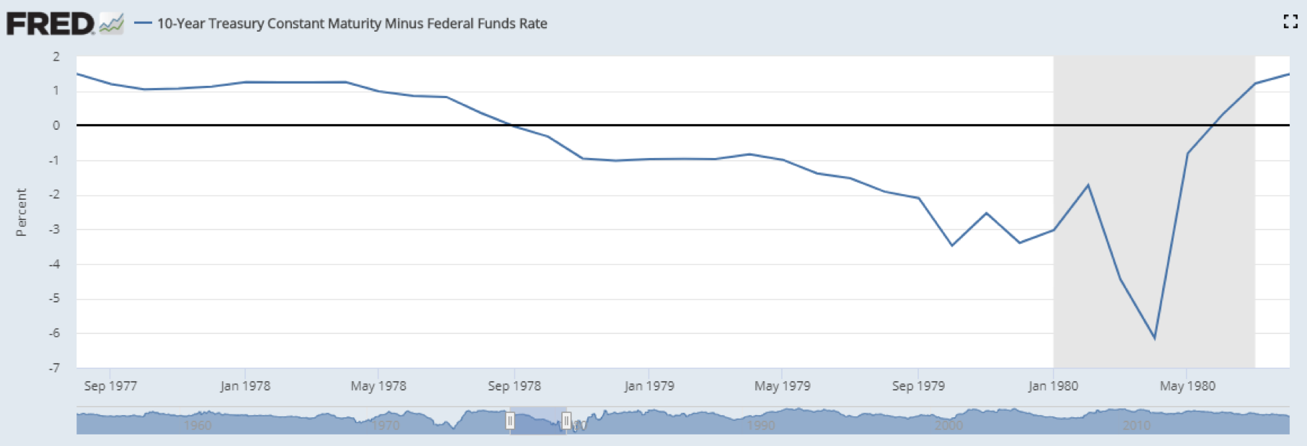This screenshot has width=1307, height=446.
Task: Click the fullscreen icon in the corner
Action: [x=1290, y=22]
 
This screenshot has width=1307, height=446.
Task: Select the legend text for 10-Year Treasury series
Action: [x=352, y=24]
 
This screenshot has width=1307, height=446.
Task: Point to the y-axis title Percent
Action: [x=22, y=212]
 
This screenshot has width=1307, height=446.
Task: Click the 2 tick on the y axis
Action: [x=56, y=57]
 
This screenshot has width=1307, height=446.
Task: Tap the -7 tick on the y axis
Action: [x=55, y=368]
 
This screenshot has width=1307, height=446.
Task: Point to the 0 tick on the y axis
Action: [x=56, y=126]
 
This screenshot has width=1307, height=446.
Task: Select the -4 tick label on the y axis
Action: [x=55, y=264]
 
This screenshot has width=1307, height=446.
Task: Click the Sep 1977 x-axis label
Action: [x=110, y=386]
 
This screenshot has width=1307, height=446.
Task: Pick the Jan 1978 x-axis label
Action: [x=245, y=386]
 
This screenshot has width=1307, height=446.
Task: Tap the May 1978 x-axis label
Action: [x=379, y=386]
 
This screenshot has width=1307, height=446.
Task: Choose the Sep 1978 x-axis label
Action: [x=514, y=386]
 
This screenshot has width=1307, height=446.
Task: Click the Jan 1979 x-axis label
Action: [x=649, y=386]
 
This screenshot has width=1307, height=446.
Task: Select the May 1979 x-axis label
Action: [x=783, y=386]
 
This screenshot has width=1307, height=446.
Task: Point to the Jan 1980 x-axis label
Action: [x=1053, y=386]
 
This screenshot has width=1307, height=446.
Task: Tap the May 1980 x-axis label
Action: [x=1187, y=386]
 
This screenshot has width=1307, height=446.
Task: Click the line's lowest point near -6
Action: [x=1154, y=338]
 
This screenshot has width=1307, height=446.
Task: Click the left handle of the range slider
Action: [x=510, y=420]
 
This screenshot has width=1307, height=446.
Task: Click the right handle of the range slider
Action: [x=566, y=420]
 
